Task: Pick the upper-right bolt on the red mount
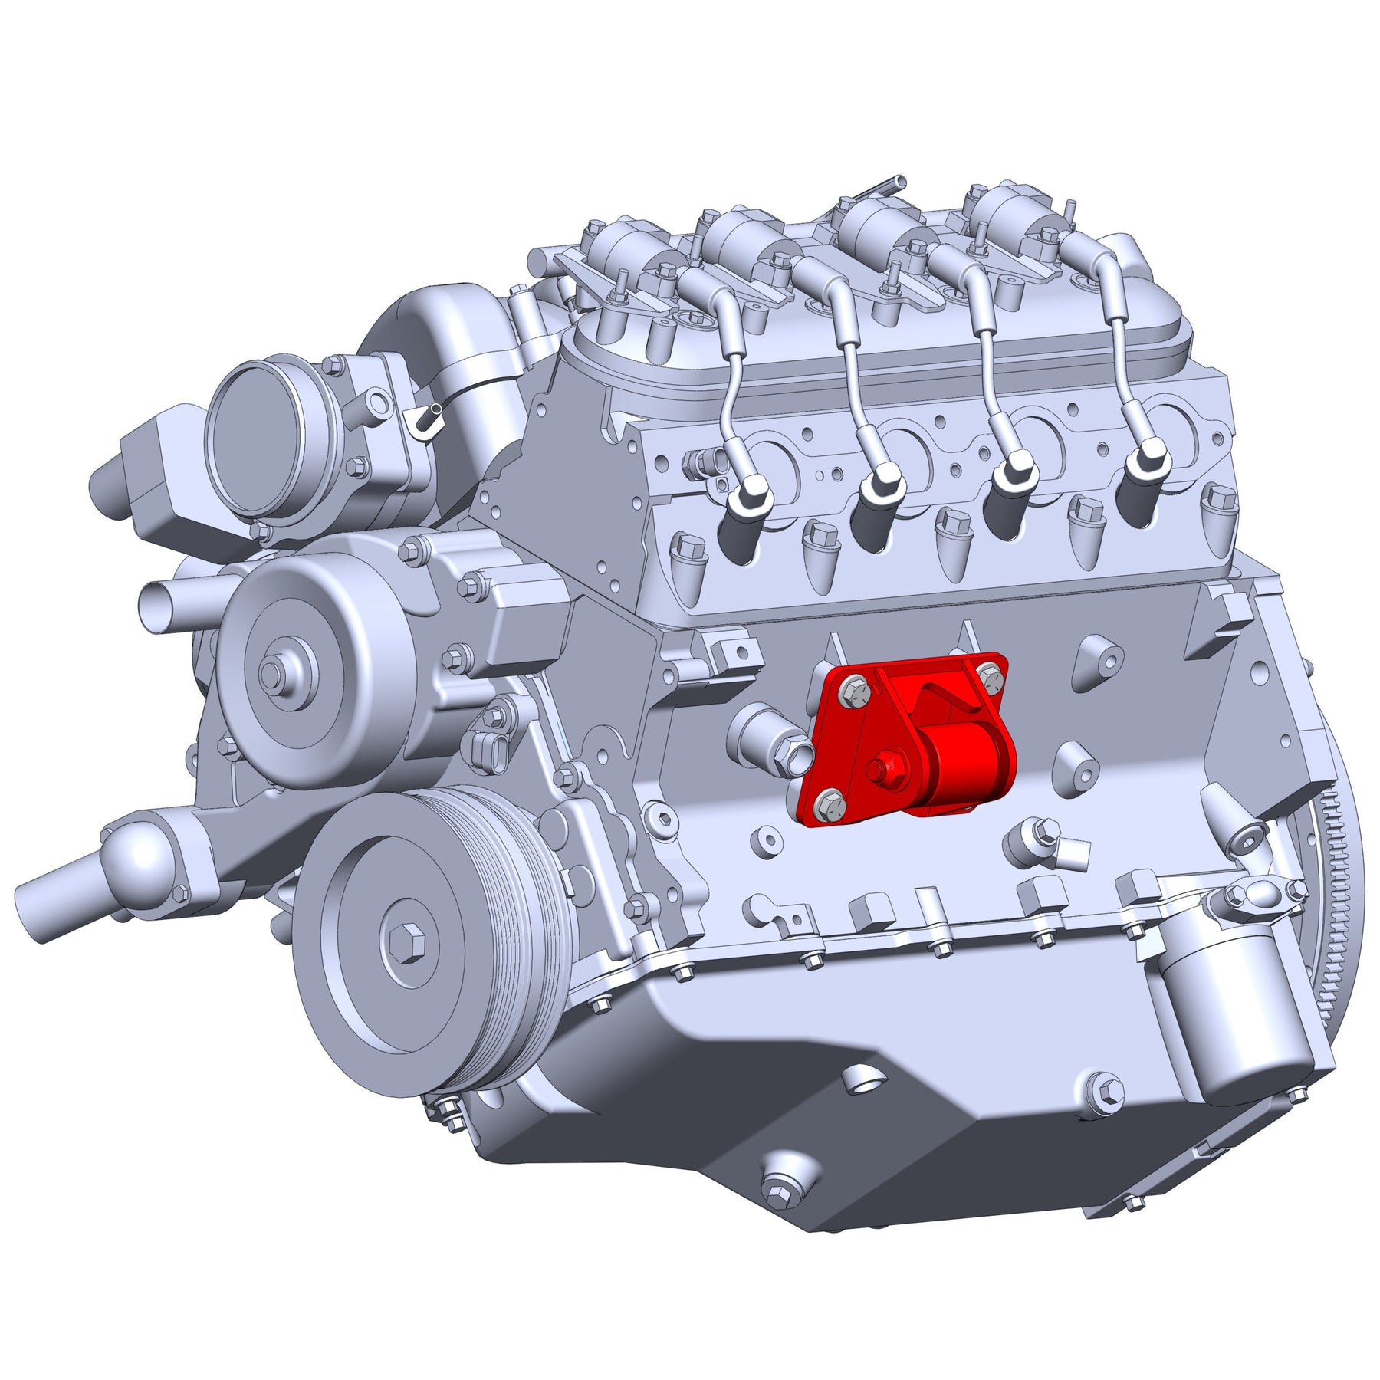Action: [x=991, y=675]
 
